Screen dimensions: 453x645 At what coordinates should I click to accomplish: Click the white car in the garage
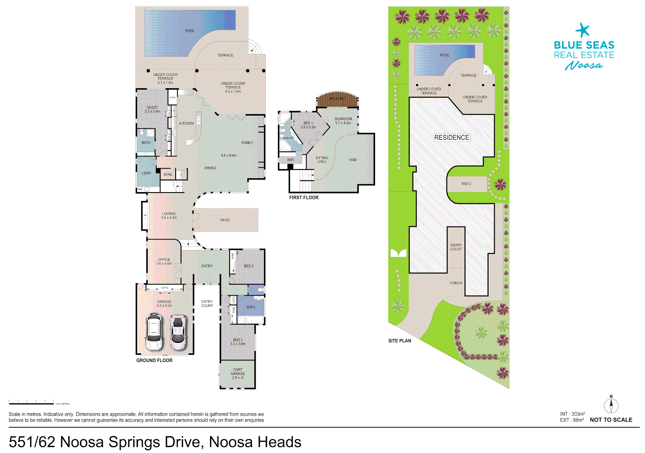(154, 332)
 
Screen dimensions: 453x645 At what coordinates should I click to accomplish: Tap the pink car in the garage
(178, 332)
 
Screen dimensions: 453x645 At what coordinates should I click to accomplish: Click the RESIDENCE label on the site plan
(451, 138)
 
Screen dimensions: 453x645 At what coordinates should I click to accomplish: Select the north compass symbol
(611, 405)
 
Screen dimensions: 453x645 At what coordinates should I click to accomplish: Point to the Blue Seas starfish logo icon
(583, 30)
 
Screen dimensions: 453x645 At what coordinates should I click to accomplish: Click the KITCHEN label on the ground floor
(187, 123)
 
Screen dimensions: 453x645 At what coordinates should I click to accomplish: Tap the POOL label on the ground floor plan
(190, 31)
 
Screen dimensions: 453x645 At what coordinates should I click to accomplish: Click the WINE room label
(168, 174)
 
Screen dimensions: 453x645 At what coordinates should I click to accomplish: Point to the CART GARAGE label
(238, 372)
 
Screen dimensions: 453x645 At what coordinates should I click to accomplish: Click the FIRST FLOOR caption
(304, 198)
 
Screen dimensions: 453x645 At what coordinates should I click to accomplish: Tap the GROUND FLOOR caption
(154, 360)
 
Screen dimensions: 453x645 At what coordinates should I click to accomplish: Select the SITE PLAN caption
(399, 341)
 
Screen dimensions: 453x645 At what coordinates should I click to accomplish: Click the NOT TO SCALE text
(611, 420)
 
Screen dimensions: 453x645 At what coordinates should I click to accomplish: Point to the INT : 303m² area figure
(572, 414)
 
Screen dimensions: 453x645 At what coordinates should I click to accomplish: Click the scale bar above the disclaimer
(31, 404)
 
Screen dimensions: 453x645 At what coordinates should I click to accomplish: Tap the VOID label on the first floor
(353, 160)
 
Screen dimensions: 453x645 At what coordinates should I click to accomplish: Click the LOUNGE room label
(169, 213)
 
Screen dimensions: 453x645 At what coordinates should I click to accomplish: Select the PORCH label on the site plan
(456, 283)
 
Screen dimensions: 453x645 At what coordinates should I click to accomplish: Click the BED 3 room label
(238, 340)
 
